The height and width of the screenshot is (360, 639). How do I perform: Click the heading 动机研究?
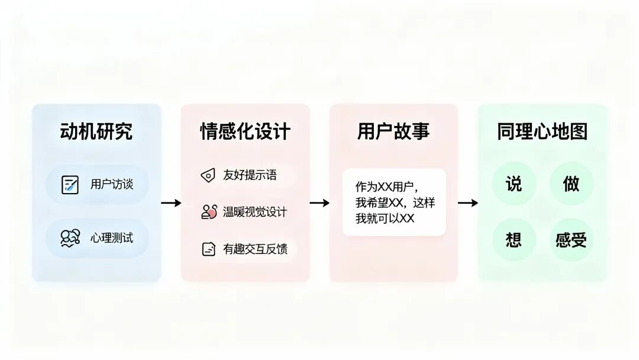pos(96,131)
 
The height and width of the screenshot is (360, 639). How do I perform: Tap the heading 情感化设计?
pos(246,131)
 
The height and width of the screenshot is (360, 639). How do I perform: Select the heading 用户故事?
pos(393,131)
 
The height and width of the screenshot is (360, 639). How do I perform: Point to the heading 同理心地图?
pos(542,131)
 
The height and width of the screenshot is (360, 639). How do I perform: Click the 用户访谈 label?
pos(112,184)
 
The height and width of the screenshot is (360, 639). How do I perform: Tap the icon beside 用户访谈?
pos(70,185)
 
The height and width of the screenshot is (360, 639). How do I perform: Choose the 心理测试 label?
pos(112,238)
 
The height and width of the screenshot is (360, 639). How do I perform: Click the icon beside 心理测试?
pos(70,238)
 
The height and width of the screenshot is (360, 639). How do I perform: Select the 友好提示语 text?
pos(250,175)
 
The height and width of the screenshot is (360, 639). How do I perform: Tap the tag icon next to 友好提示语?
pos(208,175)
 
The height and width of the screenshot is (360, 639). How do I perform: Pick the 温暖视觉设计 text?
pos(255,212)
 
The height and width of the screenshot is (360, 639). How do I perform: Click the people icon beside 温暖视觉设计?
pos(209,212)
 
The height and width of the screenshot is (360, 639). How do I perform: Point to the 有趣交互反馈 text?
pos(255,249)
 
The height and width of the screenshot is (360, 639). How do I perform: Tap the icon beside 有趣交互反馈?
pos(208,249)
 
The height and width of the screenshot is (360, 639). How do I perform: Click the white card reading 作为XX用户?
pos(394,202)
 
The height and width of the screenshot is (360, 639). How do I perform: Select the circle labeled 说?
pos(514,184)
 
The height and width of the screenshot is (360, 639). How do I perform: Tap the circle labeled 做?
pos(571,184)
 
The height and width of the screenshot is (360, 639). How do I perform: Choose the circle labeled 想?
pos(514,240)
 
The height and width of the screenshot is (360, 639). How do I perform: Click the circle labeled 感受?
pos(571,240)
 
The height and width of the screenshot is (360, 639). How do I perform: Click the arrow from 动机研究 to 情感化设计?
pos(171,203)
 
